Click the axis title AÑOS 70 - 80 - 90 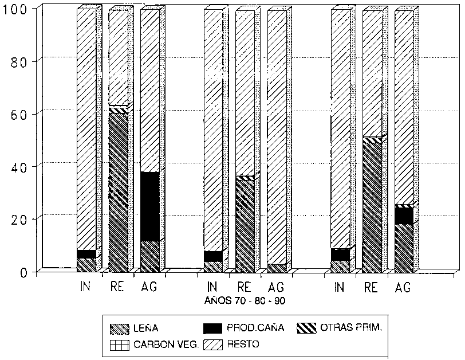[x=245, y=300]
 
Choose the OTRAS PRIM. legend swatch [x=308, y=328]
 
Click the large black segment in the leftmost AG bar [x=149, y=206]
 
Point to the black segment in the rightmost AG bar [x=403, y=216]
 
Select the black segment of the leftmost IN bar [x=86, y=254]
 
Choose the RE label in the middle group [x=243, y=287]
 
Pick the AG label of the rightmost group [x=403, y=287]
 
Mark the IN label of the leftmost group [x=85, y=287]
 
